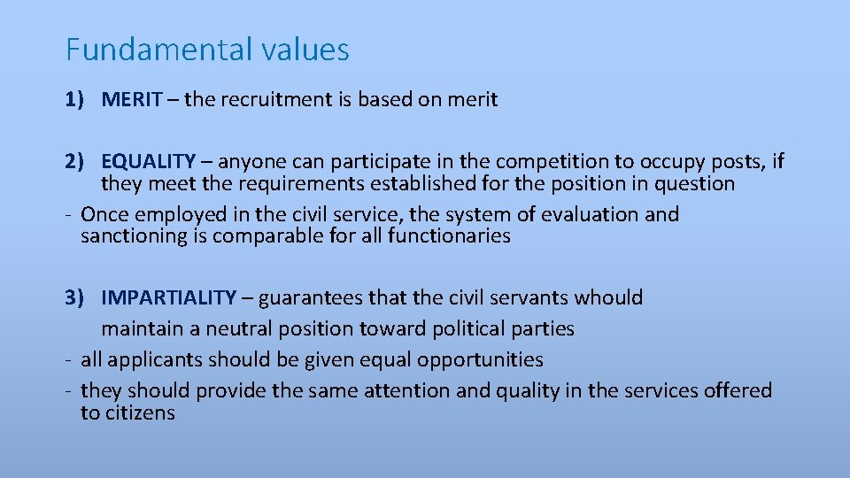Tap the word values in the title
pyautogui.click(x=305, y=50)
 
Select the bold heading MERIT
pyautogui.click(x=132, y=100)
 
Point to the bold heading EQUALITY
pyautogui.click(x=148, y=162)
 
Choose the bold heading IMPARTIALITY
pyautogui.click(x=169, y=298)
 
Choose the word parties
pyautogui.click(x=542, y=329)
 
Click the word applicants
pyautogui.click(x=148, y=360)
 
